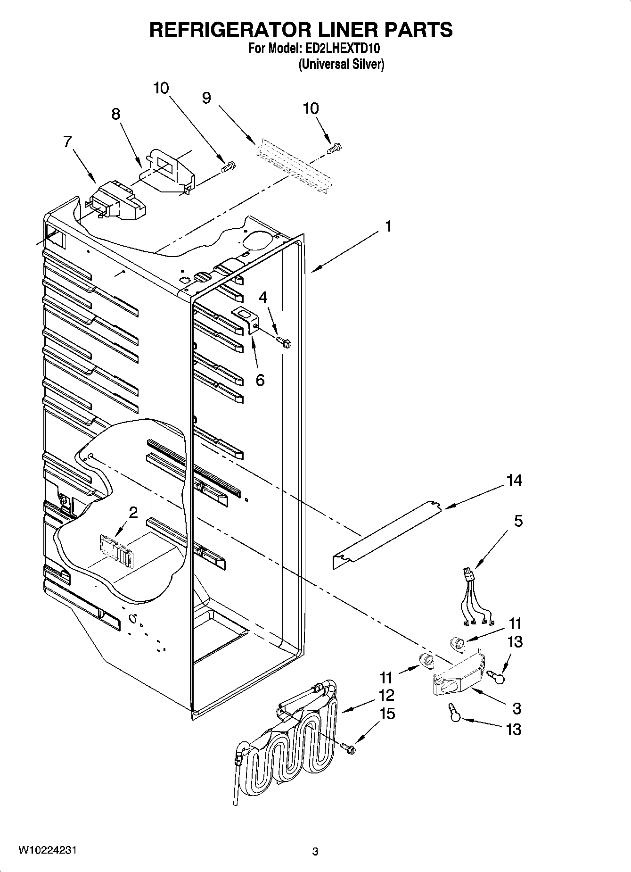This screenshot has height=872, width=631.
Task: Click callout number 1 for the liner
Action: tap(388, 226)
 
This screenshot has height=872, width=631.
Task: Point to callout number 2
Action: tap(133, 512)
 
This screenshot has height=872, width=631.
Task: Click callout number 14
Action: tap(514, 481)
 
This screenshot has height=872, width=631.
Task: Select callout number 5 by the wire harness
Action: tap(518, 521)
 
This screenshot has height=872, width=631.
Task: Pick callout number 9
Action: tap(206, 98)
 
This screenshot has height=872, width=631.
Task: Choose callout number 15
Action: tap(387, 714)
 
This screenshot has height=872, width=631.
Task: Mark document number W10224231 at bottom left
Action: tap(47, 850)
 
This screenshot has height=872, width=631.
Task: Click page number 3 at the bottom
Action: tap(315, 852)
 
